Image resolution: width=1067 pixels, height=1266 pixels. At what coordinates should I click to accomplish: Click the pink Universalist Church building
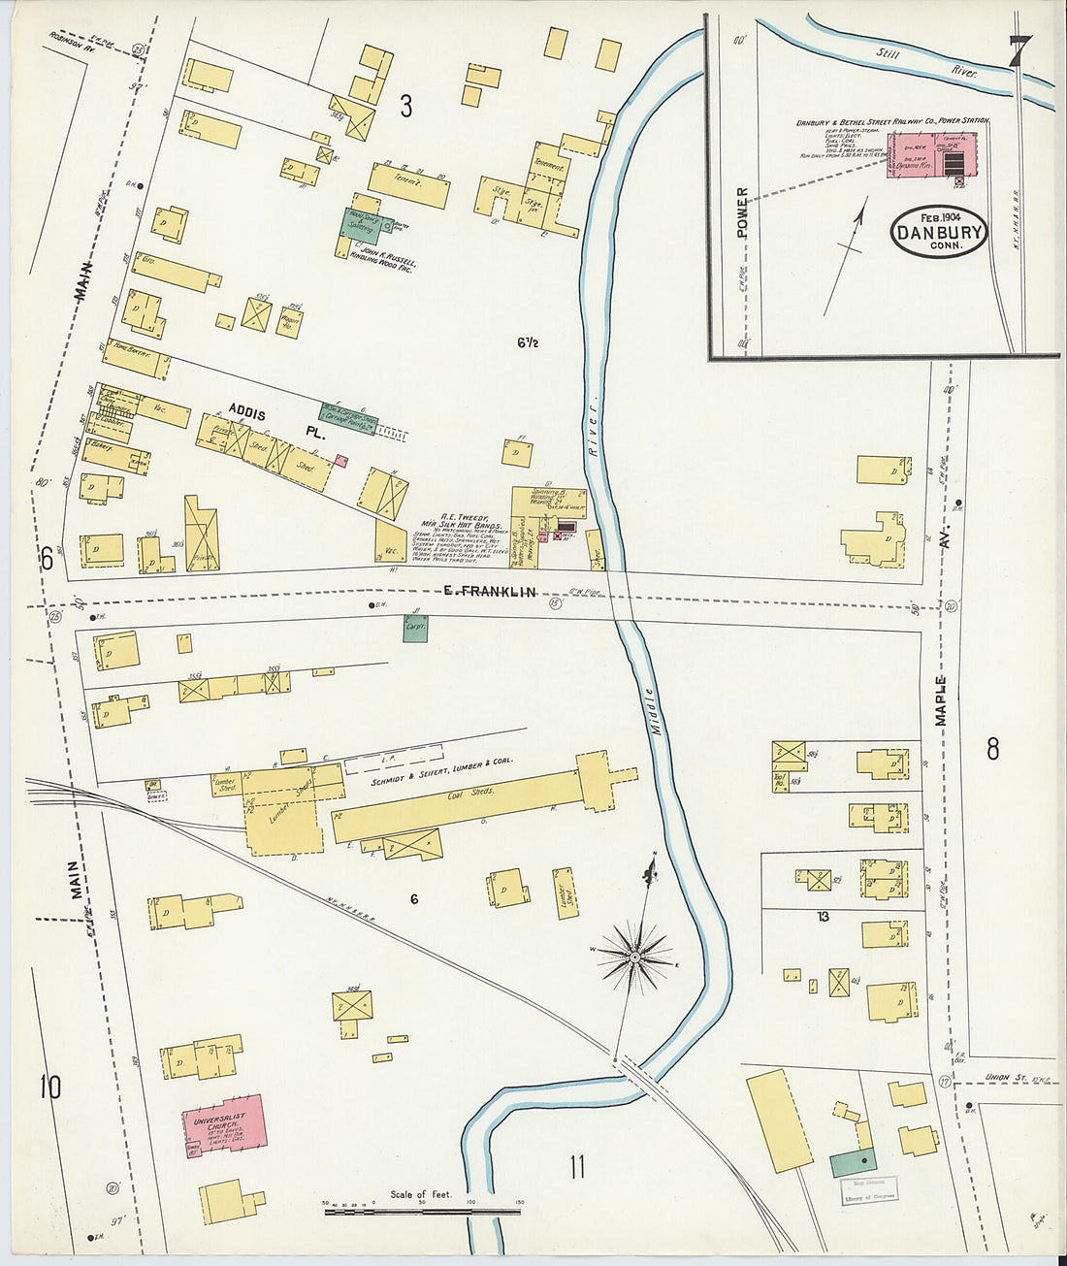point(223,1125)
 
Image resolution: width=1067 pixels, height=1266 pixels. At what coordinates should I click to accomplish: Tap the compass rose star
point(633,957)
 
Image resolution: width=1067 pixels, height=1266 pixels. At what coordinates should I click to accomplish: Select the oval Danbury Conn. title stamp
point(939,232)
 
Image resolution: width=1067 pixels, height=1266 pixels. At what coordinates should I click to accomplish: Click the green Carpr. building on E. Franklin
point(415,628)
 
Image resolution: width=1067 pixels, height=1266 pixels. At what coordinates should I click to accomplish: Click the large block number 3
point(405,107)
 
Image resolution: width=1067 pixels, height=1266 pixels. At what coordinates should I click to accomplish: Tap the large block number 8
point(992,749)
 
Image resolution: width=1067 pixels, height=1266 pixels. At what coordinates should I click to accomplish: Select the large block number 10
point(49,1087)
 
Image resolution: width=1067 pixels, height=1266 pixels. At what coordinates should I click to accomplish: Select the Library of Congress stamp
point(868,1189)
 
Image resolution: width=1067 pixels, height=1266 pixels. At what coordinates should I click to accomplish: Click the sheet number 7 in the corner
point(1018,50)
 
